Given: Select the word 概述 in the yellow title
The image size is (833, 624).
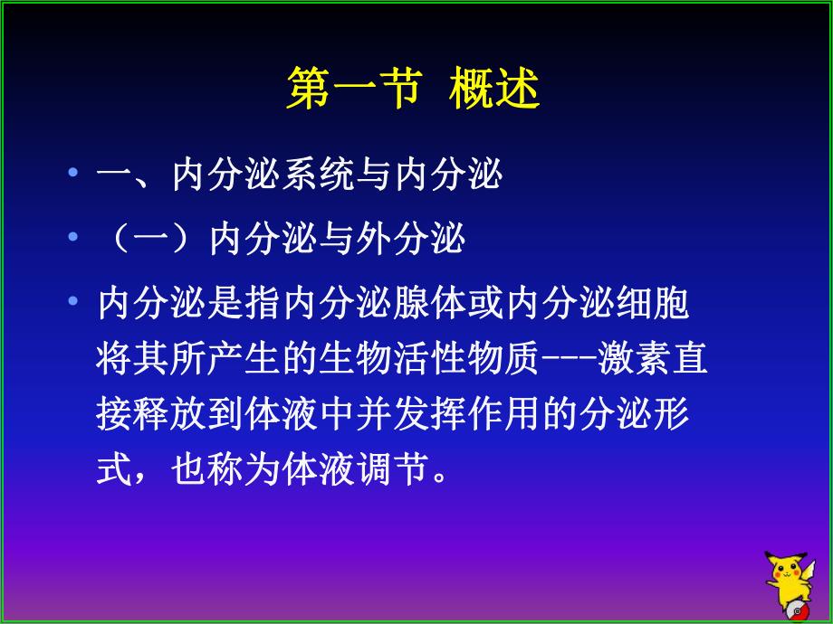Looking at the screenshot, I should pyautogui.click(x=493, y=90).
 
